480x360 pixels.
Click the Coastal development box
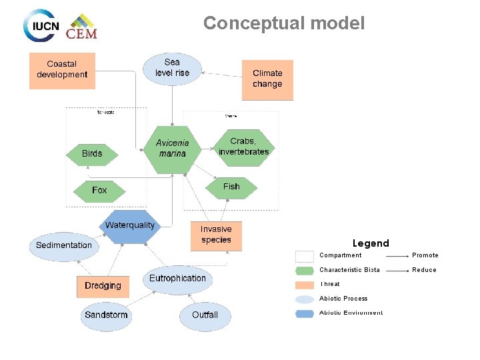(x=62, y=70)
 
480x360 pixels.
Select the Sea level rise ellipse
(x=173, y=68)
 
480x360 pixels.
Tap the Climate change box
(x=267, y=79)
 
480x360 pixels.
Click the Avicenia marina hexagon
(x=173, y=149)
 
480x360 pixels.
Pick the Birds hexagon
(x=92, y=154)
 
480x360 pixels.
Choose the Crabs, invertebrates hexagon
(x=243, y=147)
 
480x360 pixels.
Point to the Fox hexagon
(x=99, y=191)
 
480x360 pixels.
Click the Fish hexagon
(x=231, y=187)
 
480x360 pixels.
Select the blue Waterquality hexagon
(x=130, y=227)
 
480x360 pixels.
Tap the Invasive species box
(x=216, y=235)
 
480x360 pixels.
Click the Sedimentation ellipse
(x=64, y=246)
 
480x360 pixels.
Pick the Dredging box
(x=103, y=286)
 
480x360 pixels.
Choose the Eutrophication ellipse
(x=177, y=279)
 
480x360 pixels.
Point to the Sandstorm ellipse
(x=106, y=315)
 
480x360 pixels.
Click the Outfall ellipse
(x=205, y=315)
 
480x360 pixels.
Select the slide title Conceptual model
(x=284, y=24)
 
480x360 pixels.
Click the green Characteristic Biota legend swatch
(x=305, y=271)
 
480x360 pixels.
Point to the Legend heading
(x=371, y=243)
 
